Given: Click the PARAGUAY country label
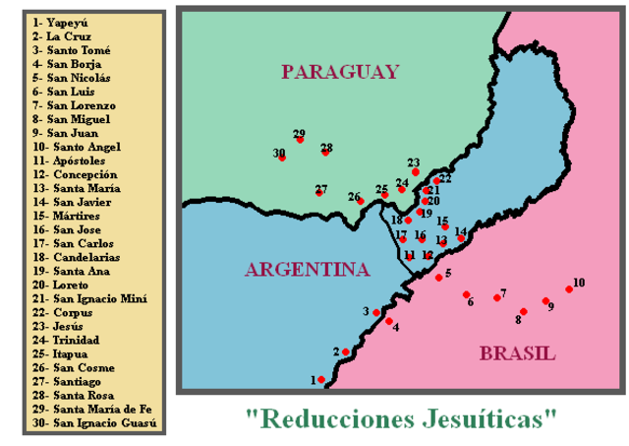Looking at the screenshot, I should click(x=339, y=72).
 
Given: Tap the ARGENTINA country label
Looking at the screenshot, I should click(x=307, y=270).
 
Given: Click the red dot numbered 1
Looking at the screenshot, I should click(x=321, y=379).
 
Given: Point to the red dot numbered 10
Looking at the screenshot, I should click(x=569, y=289).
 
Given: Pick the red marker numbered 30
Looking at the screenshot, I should click(x=282, y=158).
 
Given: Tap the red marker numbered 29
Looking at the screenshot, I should click(x=300, y=140).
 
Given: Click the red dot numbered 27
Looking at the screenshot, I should click(x=318, y=192).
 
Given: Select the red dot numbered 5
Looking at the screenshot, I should click(x=438, y=278).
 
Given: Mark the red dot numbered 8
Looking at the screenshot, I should click(x=524, y=312).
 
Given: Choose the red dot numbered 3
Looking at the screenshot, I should click(x=375, y=312).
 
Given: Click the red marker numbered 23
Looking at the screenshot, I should click(x=415, y=171).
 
